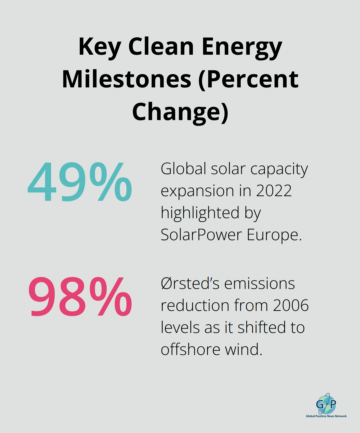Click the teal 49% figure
80,182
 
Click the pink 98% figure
80,297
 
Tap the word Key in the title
99,47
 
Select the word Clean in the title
161,46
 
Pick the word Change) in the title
180,112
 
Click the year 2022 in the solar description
274,191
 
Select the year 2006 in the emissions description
291,306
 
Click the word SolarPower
201,235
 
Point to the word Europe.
274,235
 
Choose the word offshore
190,350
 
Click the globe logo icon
326,404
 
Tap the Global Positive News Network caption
326,416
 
